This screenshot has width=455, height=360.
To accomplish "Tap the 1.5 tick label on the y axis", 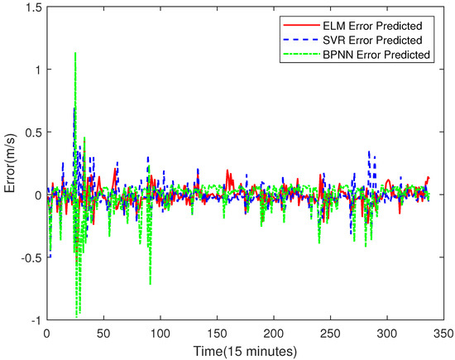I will tap(31, 7).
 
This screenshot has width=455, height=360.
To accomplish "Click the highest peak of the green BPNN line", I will tap(75, 53).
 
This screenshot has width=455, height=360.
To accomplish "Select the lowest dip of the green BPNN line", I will tap(77, 316).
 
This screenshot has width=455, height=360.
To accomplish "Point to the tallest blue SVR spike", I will tap(74, 108).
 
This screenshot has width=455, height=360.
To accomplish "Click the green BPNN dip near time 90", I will tap(150, 284).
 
